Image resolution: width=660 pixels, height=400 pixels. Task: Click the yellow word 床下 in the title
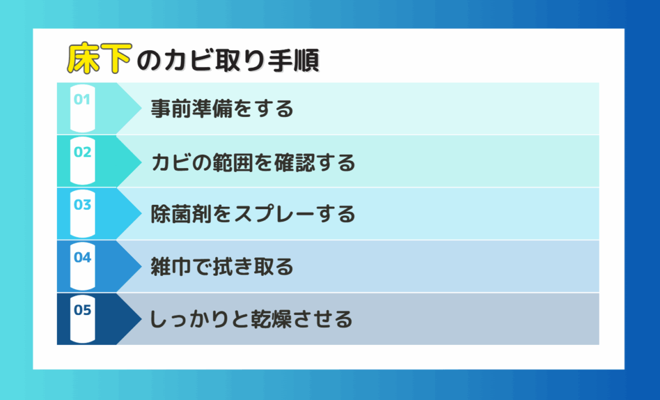pos(100,58)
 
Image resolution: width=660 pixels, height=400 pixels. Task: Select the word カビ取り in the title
pos(215,61)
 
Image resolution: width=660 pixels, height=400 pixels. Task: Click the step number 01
pos(82,99)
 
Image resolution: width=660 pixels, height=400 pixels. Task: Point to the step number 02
pos(82,152)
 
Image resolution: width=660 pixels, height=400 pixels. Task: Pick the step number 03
pos(82,205)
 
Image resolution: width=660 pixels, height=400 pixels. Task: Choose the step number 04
pos(82,257)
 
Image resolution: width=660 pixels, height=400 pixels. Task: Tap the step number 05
pos(82,310)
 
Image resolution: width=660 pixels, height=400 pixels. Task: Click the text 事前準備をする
pos(222,109)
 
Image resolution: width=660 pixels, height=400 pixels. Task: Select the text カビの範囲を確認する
pos(253,162)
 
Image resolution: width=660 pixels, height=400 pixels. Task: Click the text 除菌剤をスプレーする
pos(253,214)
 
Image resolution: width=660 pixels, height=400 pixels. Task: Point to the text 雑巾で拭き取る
pos(222,267)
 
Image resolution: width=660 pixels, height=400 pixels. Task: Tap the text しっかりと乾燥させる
pos(251,319)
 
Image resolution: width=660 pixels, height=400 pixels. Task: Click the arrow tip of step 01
pos(141,109)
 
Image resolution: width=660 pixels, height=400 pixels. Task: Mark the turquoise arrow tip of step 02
pos(141,161)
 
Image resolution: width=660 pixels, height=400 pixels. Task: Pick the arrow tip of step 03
pos(141,214)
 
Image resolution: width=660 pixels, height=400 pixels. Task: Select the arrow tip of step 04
pos(141,267)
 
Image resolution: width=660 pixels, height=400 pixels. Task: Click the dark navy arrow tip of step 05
pos(141,319)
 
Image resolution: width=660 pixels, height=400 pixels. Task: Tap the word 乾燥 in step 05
pos(271,319)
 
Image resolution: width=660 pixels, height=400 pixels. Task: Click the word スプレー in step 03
pos(274,214)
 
